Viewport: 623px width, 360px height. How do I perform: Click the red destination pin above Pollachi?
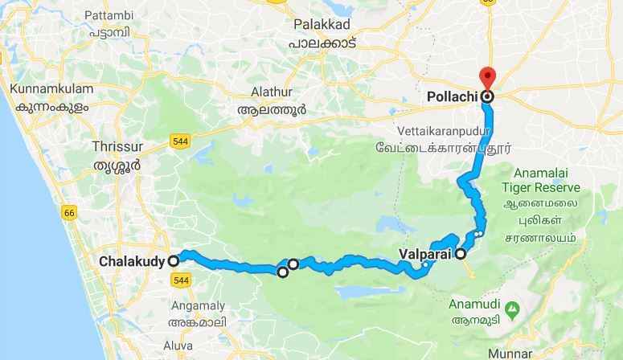point(486,79)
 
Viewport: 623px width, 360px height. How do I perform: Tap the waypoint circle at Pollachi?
point(486,97)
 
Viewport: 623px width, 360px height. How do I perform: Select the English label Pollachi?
point(452,97)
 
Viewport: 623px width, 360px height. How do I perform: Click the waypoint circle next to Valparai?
point(461,255)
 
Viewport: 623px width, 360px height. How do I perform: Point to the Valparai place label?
point(424,255)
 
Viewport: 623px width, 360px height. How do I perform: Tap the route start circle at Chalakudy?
point(173,260)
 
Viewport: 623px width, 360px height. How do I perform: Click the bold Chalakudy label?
point(133,261)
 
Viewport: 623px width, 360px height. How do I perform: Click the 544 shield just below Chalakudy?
point(180,279)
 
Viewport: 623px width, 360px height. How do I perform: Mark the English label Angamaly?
point(197,305)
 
